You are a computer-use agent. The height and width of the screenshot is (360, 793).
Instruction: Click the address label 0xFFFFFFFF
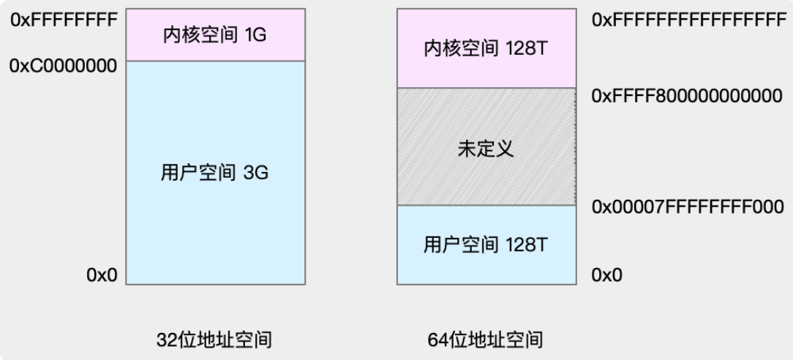[64, 20]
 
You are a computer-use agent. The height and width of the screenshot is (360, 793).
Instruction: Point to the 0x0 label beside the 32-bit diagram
[102, 275]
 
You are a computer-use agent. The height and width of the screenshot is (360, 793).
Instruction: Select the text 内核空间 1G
[216, 34]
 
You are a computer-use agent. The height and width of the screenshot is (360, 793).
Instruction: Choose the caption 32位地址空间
[214, 340]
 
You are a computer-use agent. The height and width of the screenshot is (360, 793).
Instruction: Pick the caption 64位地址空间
[485, 340]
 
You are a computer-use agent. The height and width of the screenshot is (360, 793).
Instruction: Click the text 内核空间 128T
[486, 48]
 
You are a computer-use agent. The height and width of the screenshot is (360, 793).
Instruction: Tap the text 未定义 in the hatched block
[486, 148]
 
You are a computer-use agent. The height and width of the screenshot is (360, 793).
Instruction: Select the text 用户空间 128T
[486, 244]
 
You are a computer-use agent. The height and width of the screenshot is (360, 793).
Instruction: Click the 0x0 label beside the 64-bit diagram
[608, 275]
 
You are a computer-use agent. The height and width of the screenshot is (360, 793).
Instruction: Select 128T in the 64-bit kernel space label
[527, 48]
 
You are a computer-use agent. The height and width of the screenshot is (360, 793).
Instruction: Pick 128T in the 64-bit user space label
[527, 244]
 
